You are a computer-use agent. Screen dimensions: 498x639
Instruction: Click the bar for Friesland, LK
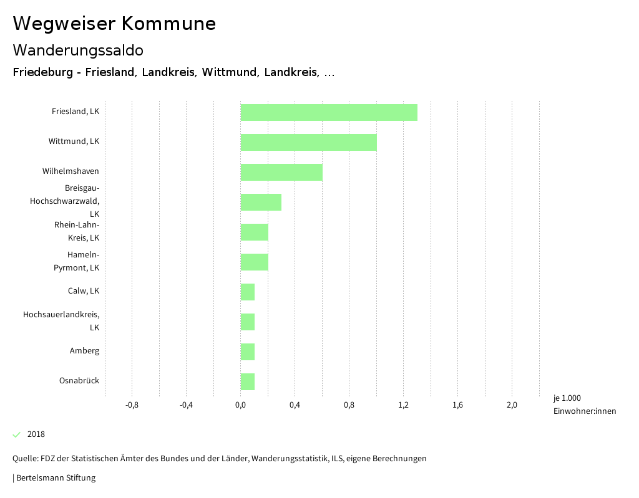coord(329,112)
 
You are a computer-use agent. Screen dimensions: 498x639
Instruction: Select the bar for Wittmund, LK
coord(308,142)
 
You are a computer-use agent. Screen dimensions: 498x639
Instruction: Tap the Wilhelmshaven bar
coord(281,172)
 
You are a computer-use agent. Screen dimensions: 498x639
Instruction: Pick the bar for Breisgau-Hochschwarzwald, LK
coord(261,202)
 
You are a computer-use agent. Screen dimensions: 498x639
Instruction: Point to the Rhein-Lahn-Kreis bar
coord(254,232)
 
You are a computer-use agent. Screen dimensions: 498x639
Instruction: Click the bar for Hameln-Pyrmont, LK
coord(254,262)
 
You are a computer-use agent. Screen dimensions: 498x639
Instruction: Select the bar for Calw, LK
coord(248,292)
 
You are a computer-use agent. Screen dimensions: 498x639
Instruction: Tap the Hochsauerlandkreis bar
coord(248,322)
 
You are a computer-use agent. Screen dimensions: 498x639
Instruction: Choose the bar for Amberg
coord(248,352)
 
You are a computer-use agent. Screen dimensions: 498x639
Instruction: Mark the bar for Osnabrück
coord(248,381)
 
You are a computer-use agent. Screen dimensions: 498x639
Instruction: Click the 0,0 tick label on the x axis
coord(240,405)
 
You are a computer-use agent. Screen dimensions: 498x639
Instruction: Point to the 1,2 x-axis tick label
coord(403,405)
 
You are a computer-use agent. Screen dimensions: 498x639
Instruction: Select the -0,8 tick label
coord(132,405)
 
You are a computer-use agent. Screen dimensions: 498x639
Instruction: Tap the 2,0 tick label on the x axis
coord(512,405)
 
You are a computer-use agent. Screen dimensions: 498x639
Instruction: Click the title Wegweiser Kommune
coord(114,24)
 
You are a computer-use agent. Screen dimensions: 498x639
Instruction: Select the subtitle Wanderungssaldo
coord(78,50)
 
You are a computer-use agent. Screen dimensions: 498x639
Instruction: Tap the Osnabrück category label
coord(79,381)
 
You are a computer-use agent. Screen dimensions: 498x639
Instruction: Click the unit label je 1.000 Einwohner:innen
coord(584,405)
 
